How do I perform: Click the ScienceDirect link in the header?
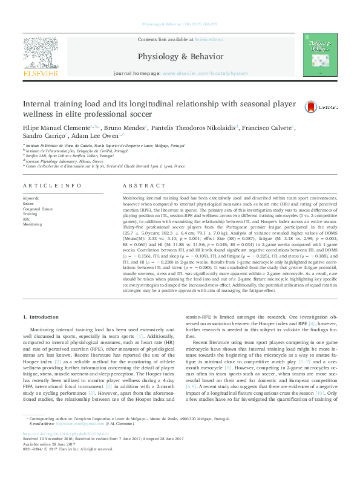tap(209, 39)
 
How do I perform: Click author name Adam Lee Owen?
tap(99, 137)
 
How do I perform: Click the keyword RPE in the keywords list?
tap(27, 219)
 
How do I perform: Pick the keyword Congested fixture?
tap(38, 209)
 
